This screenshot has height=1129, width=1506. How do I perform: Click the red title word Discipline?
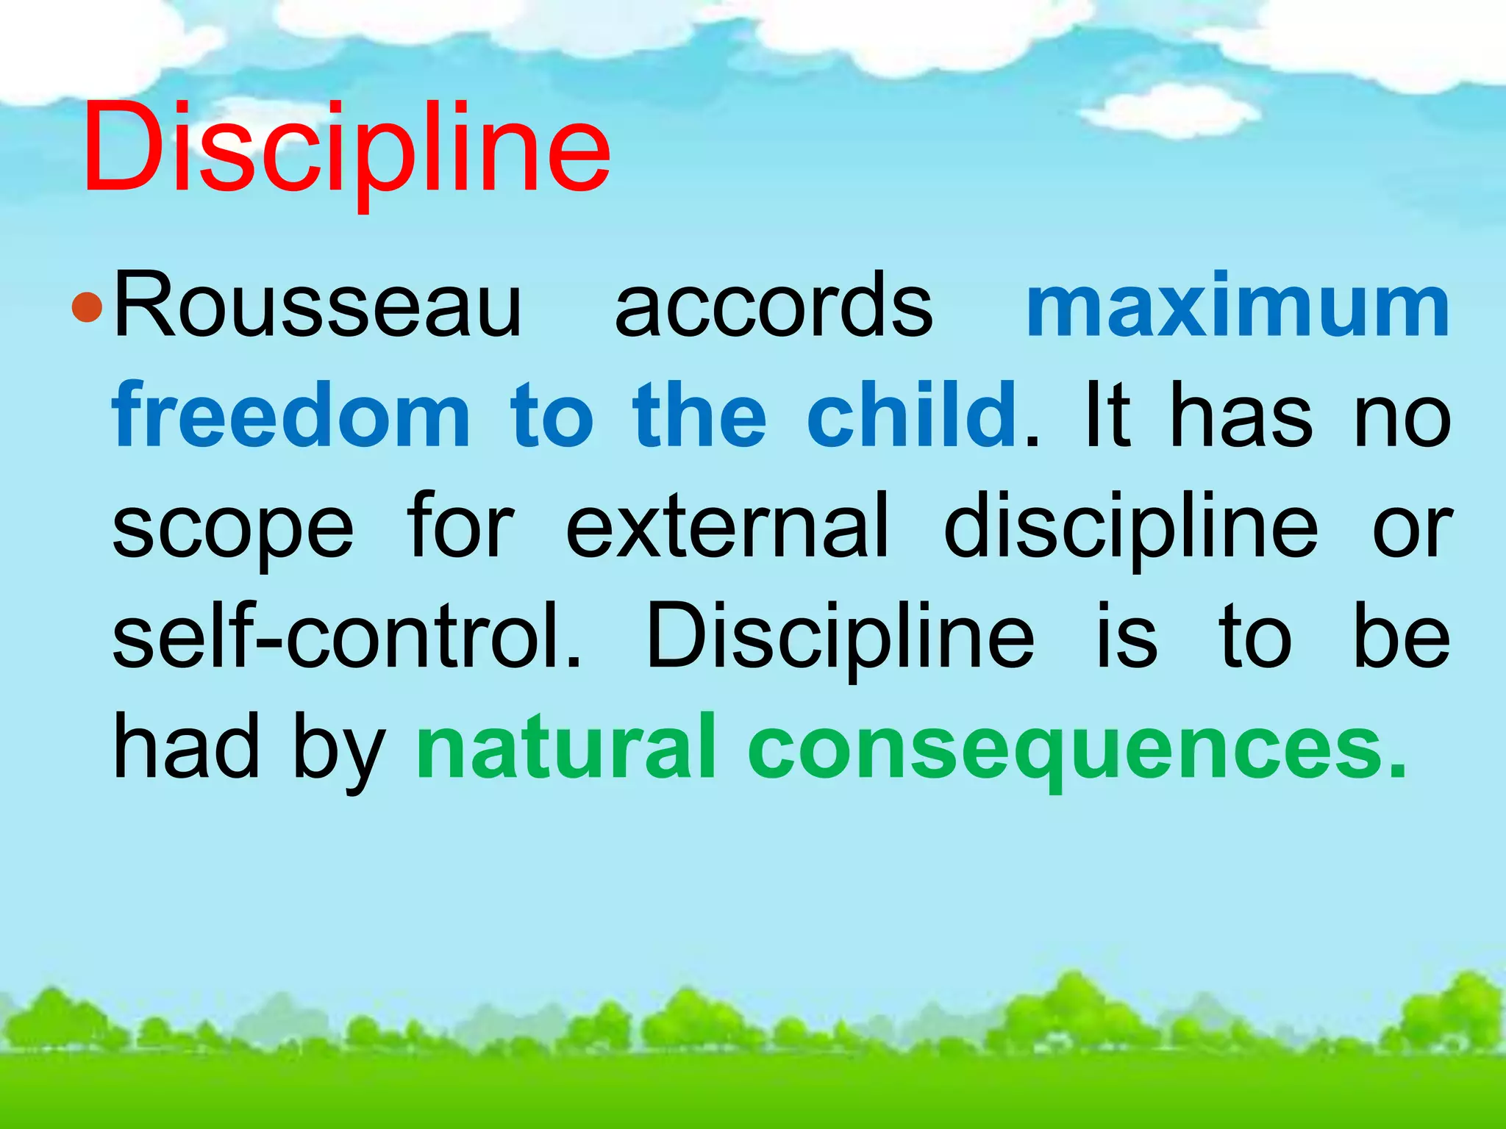point(346,151)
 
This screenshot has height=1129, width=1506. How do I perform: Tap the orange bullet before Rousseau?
point(88,307)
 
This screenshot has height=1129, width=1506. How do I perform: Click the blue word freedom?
point(291,416)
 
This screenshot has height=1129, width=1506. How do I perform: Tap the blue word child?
point(912,416)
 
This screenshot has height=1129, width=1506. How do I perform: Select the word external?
point(727,526)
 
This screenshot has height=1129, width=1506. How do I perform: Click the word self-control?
point(346,637)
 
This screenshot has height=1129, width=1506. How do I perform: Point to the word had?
point(187,746)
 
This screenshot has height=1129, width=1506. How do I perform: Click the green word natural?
point(566,746)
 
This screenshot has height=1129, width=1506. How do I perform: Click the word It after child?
point(1107,416)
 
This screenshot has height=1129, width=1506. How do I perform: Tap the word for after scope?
point(460,526)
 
